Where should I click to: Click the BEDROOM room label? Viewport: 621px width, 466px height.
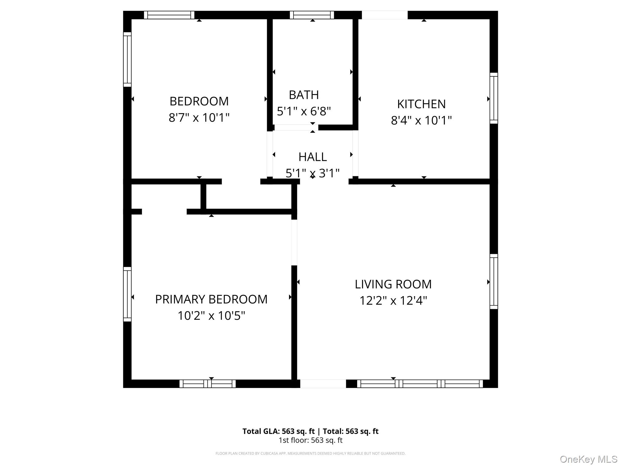pyautogui.click(x=199, y=101)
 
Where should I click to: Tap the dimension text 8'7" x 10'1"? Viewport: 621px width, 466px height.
pyautogui.click(x=199, y=117)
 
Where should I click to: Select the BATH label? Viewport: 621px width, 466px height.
pyautogui.click(x=304, y=95)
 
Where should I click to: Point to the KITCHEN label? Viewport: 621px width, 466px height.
pyautogui.click(x=421, y=104)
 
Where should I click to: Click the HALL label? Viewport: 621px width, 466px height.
pyautogui.click(x=313, y=157)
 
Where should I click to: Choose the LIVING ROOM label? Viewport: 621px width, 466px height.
pyautogui.click(x=393, y=284)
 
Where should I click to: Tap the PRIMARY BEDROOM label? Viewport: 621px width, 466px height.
pyautogui.click(x=211, y=299)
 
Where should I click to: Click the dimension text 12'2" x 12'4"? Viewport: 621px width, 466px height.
pyautogui.click(x=393, y=301)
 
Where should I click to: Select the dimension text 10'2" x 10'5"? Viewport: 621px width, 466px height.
pyautogui.click(x=211, y=316)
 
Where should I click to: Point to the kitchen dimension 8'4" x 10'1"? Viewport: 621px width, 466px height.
pyautogui.click(x=421, y=120)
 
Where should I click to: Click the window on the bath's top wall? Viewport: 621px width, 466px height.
pyautogui.click(x=312, y=15)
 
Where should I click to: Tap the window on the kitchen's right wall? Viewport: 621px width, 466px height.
pyautogui.click(x=494, y=98)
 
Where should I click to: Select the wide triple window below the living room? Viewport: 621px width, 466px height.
pyautogui.click(x=420, y=384)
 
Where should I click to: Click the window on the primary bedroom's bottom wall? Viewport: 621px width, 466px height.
pyautogui.click(x=208, y=384)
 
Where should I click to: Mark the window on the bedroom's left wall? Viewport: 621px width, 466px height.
pyautogui.click(x=127, y=59)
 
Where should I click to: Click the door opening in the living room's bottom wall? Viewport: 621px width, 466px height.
pyautogui.click(x=323, y=384)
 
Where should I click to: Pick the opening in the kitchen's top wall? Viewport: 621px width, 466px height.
pyautogui.click(x=384, y=15)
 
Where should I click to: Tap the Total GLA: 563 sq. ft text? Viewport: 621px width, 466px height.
pyautogui.click(x=278, y=431)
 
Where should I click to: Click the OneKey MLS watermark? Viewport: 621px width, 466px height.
pyautogui.click(x=588, y=459)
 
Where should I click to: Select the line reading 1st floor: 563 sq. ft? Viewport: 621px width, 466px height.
pyautogui.click(x=310, y=440)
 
